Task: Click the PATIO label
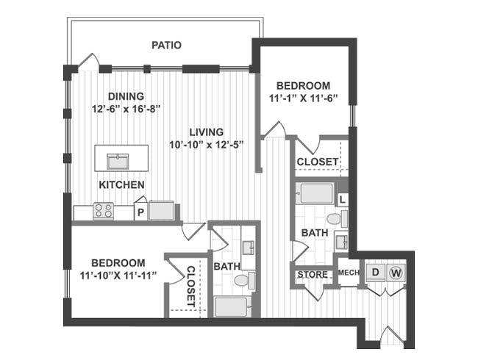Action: [x=166, y=45]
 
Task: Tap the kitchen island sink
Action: [x=118, y=162]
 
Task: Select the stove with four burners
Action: [x=104, y=210]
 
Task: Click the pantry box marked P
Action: [x=140, y=212]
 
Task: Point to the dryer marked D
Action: [x=376, y=272]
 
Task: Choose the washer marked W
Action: [x=396, y=273]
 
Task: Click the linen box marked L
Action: [x=343, y=200]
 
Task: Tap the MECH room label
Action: [x=349, y=273]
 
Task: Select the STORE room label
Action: [x=313, y=275]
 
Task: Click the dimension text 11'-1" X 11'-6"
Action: [x=304, y=98]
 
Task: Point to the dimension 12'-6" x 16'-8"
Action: [x=126, y=109]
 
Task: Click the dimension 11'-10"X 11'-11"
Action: [x=118, y=276]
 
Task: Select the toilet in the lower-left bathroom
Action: [x=245, y=281]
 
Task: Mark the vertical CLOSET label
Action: [x=190, y=287]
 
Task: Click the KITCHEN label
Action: [x=121, y=185]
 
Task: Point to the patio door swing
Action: [x=89, y=62]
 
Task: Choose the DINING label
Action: [x=126, y=96]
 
